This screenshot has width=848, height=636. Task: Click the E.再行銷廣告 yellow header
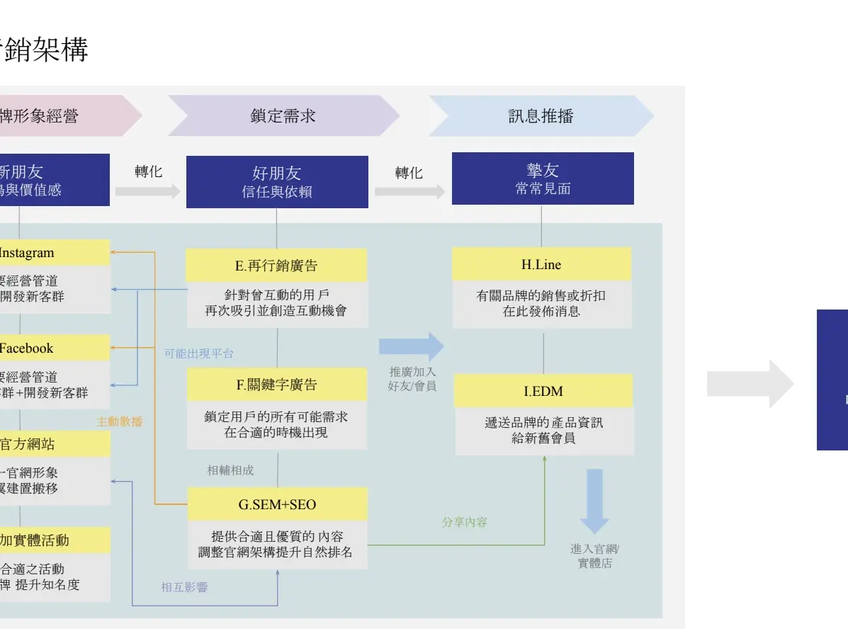click(x=276, y=266)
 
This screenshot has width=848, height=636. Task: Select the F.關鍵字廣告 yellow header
click(x=276, y=385)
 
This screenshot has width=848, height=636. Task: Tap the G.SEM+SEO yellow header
click(x=277, y=504)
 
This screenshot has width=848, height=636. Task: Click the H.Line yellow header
click(x=541, y=264)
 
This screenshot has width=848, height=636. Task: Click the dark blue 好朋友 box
click(x=277, y=182)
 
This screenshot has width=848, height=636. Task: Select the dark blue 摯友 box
click(x=543, y=178)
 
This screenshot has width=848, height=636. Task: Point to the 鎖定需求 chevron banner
click(x=283, y=116)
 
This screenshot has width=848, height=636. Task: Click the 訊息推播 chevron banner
click(x=541, y=116)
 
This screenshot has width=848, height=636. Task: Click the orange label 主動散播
click(x=120, y=421)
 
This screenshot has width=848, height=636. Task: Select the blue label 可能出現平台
click(x=198, y=353)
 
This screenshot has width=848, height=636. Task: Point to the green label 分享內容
click(x=465, y=522)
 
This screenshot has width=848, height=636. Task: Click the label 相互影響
click(x=184, y=587)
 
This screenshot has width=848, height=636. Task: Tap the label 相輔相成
click(x=230, y=470)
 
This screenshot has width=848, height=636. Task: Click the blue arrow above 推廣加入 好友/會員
click(x=412, y=346)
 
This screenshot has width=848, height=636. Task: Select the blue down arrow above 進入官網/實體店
click(x=594, y=501)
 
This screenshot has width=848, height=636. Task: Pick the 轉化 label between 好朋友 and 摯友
click(x=409, y=173)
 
